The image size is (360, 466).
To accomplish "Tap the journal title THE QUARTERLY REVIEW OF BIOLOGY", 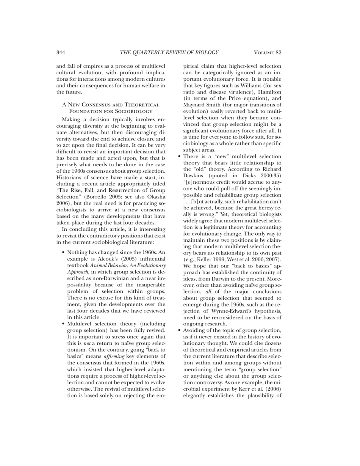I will (x=169, y=53).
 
